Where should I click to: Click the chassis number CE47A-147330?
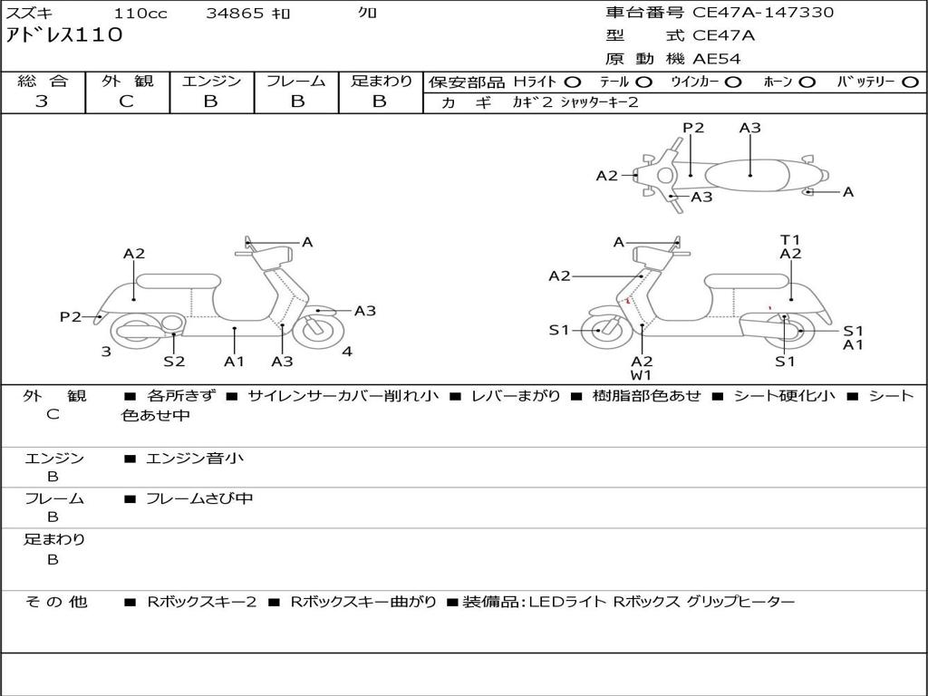coord(763,13)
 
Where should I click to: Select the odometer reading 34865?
coord(235,14)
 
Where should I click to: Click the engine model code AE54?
coord(717,60)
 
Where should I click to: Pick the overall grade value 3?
coord(42,101)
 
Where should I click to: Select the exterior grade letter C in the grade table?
coord(126,101)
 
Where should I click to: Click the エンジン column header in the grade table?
coord(211,81)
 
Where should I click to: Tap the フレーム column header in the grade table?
coord(296,81)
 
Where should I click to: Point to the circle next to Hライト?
coord(573,82)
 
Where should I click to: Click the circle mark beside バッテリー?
coord(910,82)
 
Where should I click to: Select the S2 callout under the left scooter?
coord(174,361)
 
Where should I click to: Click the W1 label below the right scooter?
coord(642,375)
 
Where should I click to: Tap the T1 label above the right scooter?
coord(790,240)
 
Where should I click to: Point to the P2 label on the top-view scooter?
coord(693,128)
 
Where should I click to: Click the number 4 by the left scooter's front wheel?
coord(347,352)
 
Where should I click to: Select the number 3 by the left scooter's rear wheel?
coord(106,352)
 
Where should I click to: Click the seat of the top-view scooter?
coord(750,174)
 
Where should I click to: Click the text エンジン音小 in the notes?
coord(195,459)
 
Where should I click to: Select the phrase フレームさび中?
coord(199,498)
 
